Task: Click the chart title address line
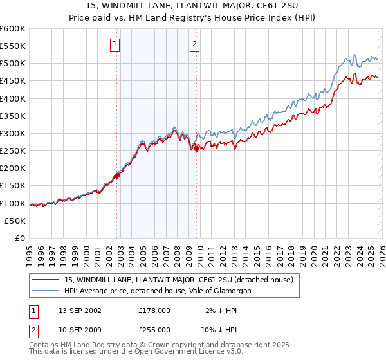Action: pos(192,6)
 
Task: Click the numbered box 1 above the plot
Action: pos(115,44)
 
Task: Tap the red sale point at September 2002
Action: pos(117,175)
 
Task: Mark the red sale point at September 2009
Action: pos(196,148)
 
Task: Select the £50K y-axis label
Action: pos(15,221)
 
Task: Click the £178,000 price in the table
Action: pos(154,310)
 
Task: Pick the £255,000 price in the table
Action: pos(154,329)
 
